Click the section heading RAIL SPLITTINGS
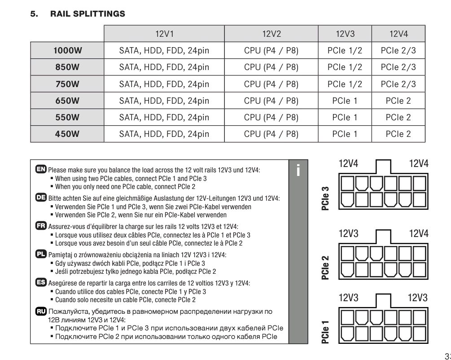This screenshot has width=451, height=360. [x=88, y=14]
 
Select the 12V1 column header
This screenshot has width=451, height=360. [x=164, y=34]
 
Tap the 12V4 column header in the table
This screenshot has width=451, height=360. [x=398, y=34]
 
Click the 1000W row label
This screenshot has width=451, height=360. [x=67, y=51]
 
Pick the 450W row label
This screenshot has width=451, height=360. [x=67, y=134]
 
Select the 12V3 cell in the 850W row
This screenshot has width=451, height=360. [x=345, y=67]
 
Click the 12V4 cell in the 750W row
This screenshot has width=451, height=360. [x=398, y=84]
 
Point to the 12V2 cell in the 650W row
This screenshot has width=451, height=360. [x=271, y=101]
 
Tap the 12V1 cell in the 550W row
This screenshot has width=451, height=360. [x=164, y=117]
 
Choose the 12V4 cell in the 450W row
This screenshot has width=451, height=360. [x=398, y=134]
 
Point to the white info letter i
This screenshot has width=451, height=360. [x=298, y=170]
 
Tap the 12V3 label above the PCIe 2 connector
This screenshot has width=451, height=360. [x=349, y=233]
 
